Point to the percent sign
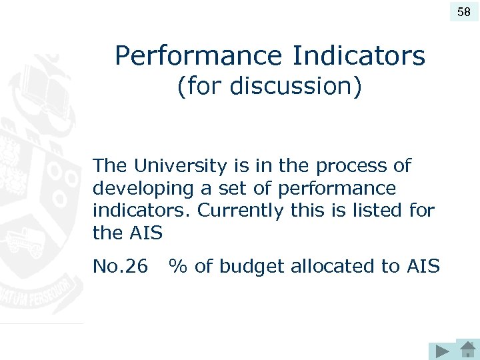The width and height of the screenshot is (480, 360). (177, 267)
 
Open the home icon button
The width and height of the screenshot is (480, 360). (467, 349)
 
